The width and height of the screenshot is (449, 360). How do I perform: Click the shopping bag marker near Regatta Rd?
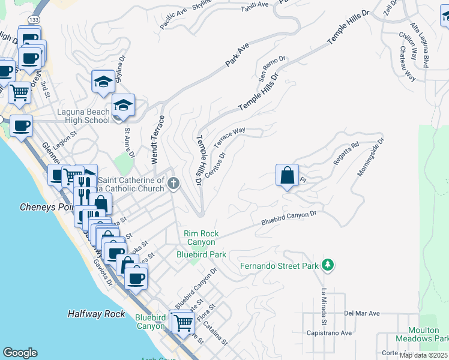pos(288,175)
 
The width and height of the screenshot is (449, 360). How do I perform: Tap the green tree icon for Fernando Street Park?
pos(327,265)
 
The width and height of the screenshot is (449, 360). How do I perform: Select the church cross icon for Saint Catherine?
pos(173,184)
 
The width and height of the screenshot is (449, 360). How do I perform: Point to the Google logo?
pos(20,353)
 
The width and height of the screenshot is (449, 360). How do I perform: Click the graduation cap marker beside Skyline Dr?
pos(103,81)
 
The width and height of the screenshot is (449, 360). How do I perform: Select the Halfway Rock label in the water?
pos(96,314)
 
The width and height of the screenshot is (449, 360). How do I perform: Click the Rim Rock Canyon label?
pos(201,238)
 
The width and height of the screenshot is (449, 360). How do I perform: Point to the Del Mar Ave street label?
pos(362,313)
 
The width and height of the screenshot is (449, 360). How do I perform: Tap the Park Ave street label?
pos(237,54)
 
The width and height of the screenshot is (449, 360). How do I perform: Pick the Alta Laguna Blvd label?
pos(418,44)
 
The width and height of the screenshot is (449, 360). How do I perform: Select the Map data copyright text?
pos(424,355)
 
